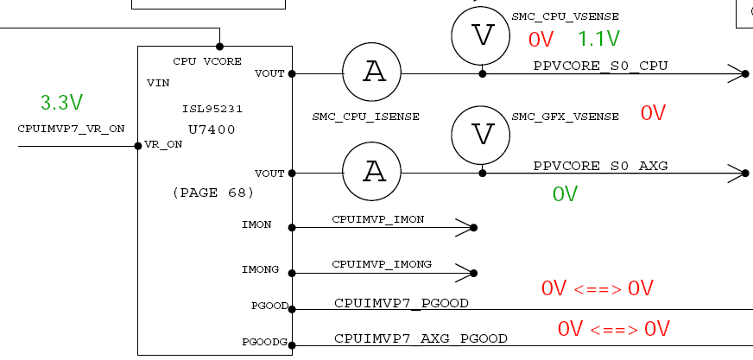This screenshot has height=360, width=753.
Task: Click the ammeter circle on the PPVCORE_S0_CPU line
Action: pos(373,73)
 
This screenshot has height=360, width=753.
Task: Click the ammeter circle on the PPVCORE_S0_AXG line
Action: pos(373,173)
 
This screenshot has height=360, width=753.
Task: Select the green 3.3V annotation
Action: pos(61,103)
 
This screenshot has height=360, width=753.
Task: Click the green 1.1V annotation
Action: pos(598,39)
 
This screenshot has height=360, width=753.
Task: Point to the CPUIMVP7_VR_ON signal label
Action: pos(71,129)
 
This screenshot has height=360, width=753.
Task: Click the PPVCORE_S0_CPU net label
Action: pos(600,66)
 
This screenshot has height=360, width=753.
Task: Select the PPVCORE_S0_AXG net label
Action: pos(600,165)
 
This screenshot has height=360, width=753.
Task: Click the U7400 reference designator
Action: pos(212,129)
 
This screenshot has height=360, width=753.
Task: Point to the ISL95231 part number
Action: pos(212,110)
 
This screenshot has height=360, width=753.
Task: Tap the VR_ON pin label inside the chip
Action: pos(164,145)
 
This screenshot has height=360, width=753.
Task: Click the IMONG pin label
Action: pos(260,270)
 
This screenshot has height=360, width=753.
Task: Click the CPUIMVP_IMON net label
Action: pos(377,219)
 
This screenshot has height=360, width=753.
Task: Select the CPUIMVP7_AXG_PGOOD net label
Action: pos(421,338)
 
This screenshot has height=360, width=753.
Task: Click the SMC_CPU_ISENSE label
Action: pos(366,116)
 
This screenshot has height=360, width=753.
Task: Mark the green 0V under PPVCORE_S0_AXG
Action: pos(565,194)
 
